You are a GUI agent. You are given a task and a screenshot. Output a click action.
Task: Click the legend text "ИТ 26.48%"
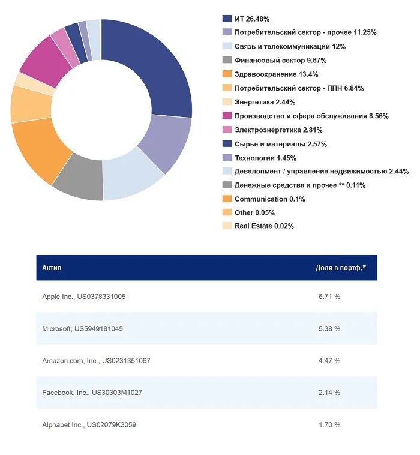pos(252,19)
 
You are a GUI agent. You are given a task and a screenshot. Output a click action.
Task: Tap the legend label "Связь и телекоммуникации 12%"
pos(290,46)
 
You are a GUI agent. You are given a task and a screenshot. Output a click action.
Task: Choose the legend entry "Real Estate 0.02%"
pos(264,226)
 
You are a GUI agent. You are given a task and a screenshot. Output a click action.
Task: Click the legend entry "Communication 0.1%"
pos(269,199)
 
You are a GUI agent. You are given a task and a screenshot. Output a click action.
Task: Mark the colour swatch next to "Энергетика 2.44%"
pos(227,102)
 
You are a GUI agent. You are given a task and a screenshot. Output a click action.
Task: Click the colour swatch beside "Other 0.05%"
pos(227,212)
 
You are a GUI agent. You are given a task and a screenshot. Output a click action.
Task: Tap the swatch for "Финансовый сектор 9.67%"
pos(227,60)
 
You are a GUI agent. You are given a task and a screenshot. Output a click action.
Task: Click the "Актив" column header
pos(52,268)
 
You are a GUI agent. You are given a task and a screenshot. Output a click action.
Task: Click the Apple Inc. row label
pos(84,297)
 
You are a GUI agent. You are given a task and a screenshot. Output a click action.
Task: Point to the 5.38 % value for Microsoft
pos(329,329)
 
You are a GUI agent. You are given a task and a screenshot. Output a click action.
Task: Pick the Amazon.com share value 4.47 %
pos(329,361)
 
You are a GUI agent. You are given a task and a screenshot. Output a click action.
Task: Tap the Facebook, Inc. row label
pos(92,393)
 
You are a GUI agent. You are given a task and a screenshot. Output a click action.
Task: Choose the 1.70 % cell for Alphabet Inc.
pos(329,425)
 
